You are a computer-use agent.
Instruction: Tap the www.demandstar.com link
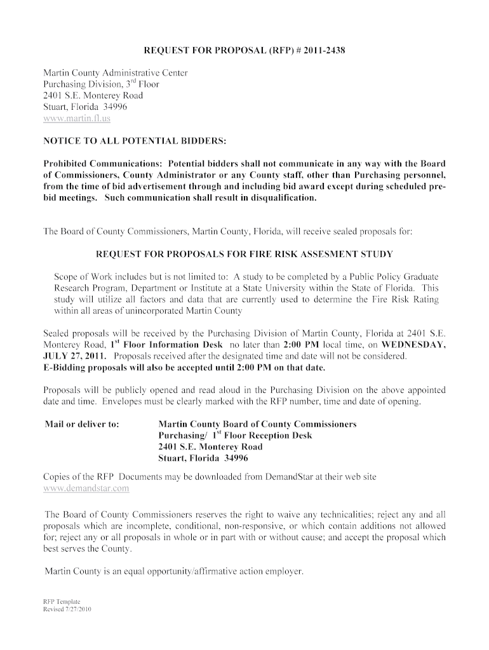86,488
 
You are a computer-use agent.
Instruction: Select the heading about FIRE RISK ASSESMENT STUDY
244,255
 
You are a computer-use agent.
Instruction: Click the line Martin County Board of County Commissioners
257,423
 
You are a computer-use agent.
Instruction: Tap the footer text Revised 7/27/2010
67,609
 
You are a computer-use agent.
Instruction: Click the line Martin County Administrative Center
115,73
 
